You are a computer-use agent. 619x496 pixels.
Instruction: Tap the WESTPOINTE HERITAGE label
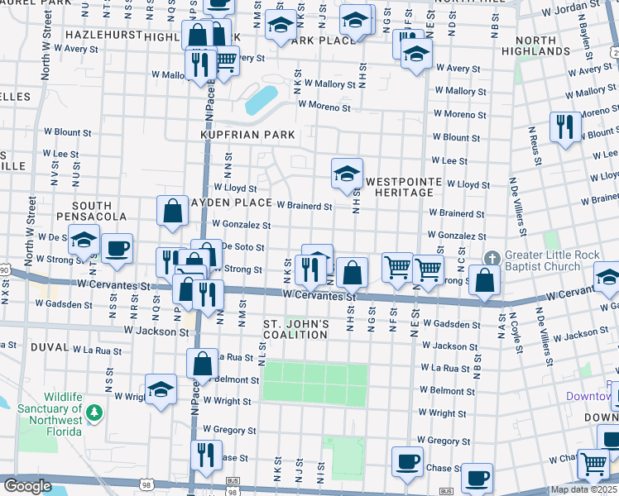[x=400, y=187]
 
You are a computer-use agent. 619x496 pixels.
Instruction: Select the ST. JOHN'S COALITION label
[x=296, y=329]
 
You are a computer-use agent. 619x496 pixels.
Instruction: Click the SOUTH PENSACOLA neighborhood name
[x=98, y=211]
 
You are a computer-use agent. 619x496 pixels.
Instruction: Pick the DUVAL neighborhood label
[x=49, y=348]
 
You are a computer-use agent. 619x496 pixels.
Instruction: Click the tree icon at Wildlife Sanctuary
[x=94, y=411]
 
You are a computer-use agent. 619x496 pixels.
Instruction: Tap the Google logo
[x=27, y=486]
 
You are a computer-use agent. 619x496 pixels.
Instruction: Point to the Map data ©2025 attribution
[x=583, y=489]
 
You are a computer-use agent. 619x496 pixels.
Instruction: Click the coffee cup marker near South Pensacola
[x=117, y=247]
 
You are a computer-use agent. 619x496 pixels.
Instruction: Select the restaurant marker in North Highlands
[x=565, y=126]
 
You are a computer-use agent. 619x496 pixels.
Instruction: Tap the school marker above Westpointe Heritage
[x=347, y=173]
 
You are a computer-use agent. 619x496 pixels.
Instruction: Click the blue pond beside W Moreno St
[x=262, y=99]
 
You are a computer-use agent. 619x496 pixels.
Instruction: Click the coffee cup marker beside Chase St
[x=407, y=461]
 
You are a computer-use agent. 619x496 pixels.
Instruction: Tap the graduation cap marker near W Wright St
[x=161, y=389]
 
